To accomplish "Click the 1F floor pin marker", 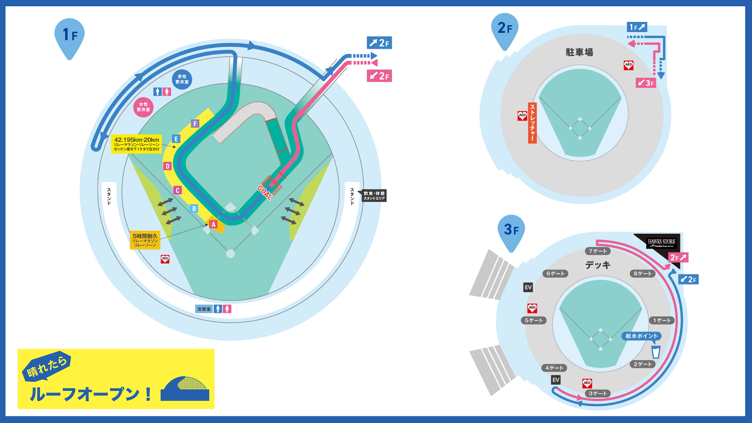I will [70, 36].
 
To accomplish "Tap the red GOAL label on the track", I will [265, 192].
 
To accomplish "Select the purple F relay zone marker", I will [195, 124].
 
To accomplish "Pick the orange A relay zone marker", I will [213, 224].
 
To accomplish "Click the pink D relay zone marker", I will [168, 166].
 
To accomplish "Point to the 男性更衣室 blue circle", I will [182, 79].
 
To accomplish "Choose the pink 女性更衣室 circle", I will [143, 107].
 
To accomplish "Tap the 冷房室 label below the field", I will [204, 309].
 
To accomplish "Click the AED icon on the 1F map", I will [165, 259].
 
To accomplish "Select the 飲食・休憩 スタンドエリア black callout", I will [374, 196].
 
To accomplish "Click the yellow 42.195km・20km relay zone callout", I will [136, 144].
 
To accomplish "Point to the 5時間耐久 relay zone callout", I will [145, 240].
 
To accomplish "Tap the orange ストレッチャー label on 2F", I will [532, 123].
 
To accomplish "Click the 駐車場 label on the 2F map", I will [579, 52].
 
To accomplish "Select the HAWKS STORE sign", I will [662, 243].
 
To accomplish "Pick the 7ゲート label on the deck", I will [598, 251].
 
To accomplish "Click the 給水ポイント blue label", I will [641, 336].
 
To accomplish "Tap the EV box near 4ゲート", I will [556, 380].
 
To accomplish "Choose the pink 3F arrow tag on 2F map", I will [645, 83].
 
